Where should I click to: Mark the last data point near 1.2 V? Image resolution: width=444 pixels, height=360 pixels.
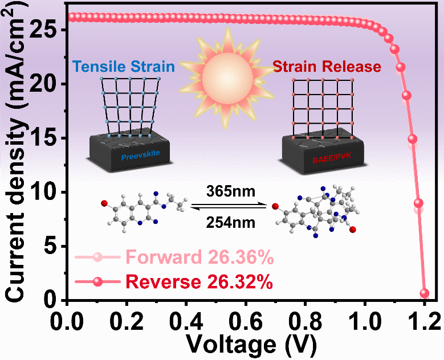pyautogui.click(x=424, y=293)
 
